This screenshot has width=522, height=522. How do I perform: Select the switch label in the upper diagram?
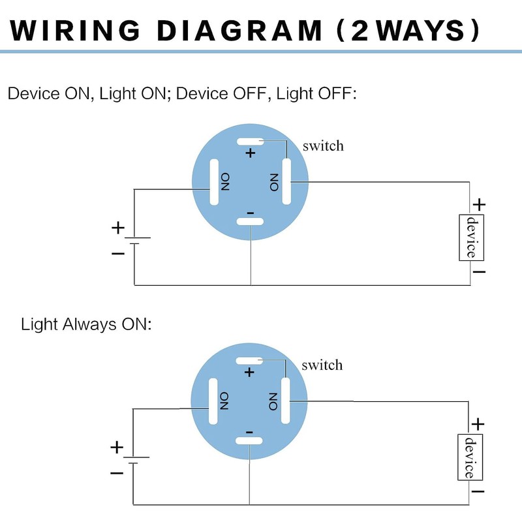pos(323,146)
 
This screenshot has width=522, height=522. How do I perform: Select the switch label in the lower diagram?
pos(322,364)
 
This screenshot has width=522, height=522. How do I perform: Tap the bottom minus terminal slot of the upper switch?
pos(250,222)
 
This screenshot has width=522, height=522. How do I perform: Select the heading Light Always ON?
pos(85,324)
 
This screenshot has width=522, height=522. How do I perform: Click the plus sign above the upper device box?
pos(480,205)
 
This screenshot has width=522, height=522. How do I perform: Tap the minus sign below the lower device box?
pos(478,491)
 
